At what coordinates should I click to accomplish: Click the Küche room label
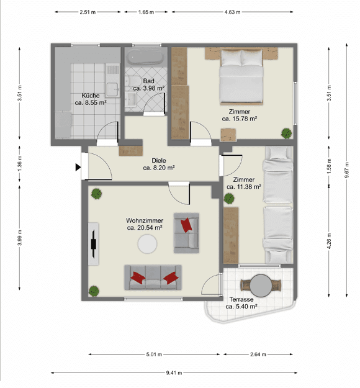point(91,96)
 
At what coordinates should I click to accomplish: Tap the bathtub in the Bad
point(146,59)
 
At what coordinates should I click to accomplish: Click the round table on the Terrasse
point(261,286)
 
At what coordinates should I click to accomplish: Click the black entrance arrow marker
point(78,166)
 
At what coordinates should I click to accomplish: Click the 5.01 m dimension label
point(154,354)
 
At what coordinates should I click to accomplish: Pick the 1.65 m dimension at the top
point(146,12)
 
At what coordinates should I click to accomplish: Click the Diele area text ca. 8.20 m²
point(158,168)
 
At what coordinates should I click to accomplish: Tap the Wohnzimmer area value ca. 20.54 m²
point(145,228)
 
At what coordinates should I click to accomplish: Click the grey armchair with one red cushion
point(186,232)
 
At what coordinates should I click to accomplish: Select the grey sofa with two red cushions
point(153,277)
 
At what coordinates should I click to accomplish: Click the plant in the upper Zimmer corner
point(286,132)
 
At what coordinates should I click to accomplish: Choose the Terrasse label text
point(241,299)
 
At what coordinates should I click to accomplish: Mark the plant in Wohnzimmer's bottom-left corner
point(94,290)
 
